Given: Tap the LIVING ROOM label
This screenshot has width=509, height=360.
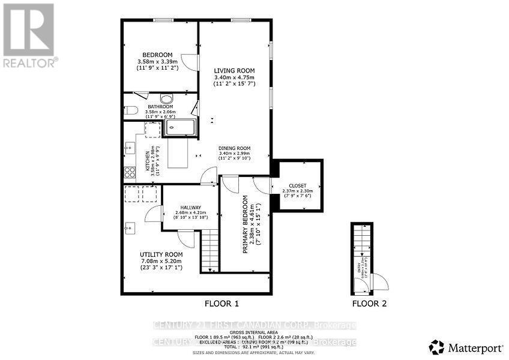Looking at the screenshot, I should click(x=234, y=71).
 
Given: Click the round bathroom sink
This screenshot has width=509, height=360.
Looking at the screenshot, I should click(x=166, y=100).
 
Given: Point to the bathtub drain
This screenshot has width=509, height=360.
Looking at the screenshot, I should click(x=172, y=127).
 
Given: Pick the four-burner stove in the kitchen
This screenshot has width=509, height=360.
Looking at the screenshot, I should click(x=130, y=173).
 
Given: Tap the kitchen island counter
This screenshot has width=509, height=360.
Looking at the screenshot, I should click(x=178, y=154).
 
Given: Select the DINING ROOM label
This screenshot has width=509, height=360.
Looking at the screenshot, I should click(x=234, y=148).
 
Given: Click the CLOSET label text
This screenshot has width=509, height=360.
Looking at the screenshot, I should click(x=298, y=185).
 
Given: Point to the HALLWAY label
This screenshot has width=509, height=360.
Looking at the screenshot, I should click(x=190, y=207).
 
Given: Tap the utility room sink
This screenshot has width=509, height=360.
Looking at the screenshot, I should click(x=130, y=227).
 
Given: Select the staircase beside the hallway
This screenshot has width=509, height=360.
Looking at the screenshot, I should click(x=209, y=251).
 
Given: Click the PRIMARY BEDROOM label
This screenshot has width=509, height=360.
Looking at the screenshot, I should click(x=245, y=224).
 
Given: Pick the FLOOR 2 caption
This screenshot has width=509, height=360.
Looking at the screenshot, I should click(x=369, y=304).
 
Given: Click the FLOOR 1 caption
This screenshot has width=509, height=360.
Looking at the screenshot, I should click(x=222, y=304).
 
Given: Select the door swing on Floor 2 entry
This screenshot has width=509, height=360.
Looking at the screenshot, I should click(x=379, y=281).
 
